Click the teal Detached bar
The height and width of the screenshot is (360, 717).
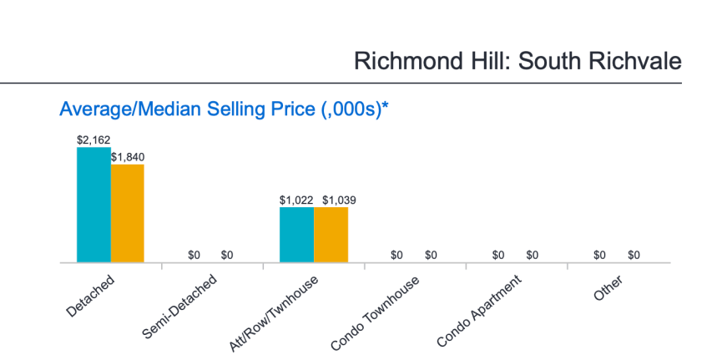(93, 205)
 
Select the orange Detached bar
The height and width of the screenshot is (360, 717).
(128, 214)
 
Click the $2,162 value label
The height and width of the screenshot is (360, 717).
(93, 140)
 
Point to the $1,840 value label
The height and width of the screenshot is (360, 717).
(128, 157)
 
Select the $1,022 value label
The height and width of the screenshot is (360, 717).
(296, 200)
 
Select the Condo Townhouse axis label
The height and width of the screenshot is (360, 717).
(376, 311)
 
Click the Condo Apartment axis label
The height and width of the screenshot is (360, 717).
(478, 310)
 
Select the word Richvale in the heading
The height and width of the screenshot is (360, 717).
(632, 61)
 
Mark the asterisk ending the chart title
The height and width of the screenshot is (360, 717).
(386, 106)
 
